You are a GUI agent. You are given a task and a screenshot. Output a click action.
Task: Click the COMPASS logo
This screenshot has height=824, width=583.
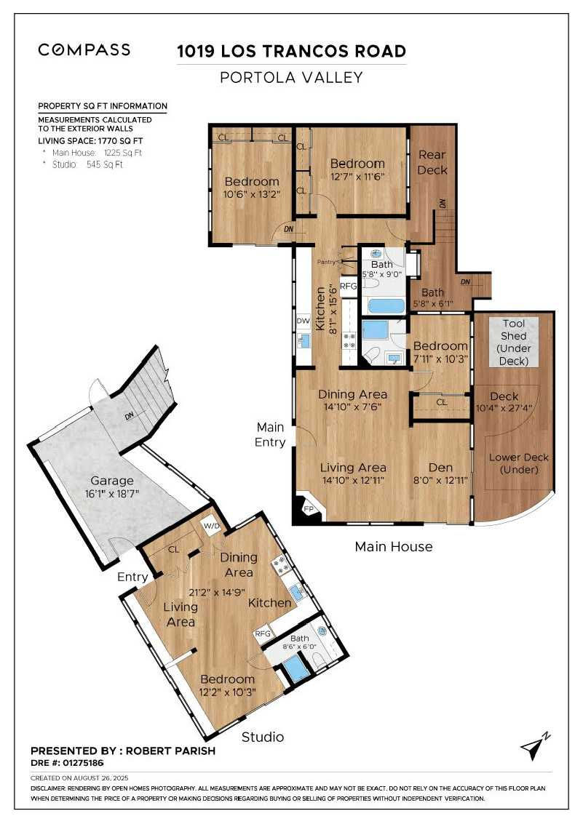click(84, 49)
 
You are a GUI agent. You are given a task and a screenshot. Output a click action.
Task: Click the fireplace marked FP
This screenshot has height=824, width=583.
click(306, 509)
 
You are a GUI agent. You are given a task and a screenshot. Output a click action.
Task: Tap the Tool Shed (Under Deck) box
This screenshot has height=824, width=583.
click(514, 342)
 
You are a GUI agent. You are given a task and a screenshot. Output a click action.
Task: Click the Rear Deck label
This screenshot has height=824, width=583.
click(432, 162)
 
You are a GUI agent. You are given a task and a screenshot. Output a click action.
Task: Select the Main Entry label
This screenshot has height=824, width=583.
click(271, 435)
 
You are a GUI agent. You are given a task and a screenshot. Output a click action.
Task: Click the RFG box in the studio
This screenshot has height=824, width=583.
click(262, 633)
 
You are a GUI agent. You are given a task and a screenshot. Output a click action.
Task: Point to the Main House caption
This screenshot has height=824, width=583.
click(393, 546)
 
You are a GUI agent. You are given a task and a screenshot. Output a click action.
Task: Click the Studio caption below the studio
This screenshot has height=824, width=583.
click(263, 737)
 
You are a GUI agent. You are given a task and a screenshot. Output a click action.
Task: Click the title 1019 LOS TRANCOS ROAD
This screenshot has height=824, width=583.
click(292, 51)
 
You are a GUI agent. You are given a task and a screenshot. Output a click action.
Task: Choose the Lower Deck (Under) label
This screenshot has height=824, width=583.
click(519, 463)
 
